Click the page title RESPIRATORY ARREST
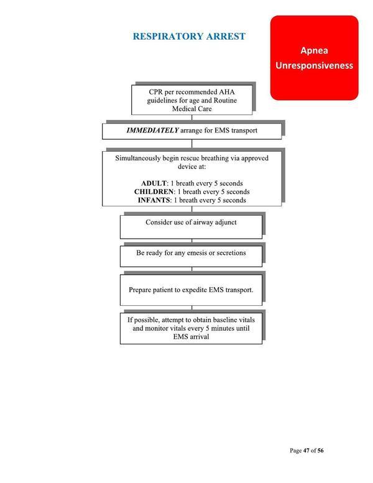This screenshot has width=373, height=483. point(189,37)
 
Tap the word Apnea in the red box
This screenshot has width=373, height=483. point(314,50)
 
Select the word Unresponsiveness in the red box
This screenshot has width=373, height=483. point(314,65)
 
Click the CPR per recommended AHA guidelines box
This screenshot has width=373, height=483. point(191,100)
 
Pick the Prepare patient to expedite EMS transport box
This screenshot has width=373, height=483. point(191,290)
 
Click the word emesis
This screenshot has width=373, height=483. point(199,253)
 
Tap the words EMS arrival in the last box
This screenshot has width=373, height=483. point(191,336)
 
